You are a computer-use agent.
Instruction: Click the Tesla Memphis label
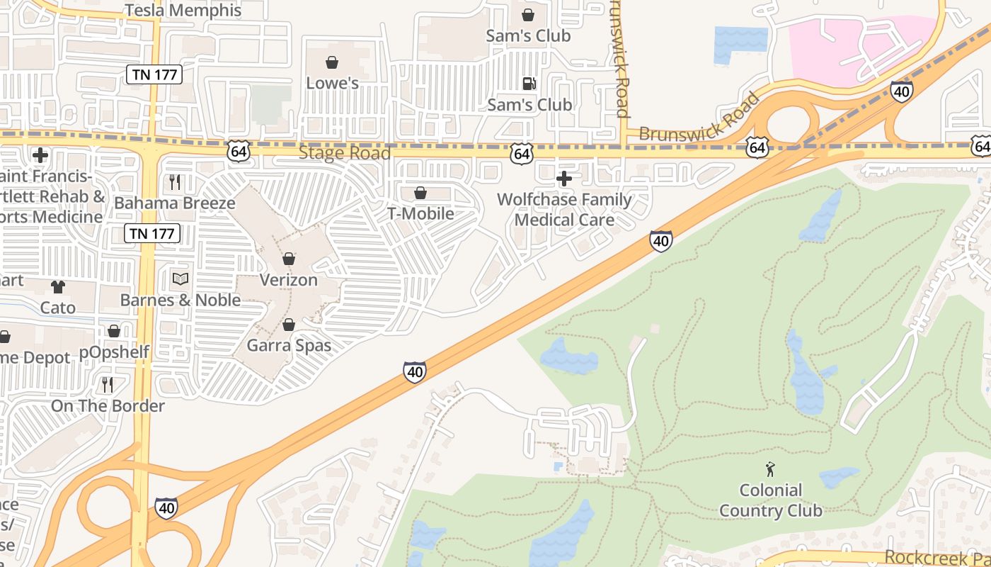(183, 11)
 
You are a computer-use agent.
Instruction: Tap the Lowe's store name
(332, 83)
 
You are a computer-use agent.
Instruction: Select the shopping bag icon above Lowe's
(332, 62)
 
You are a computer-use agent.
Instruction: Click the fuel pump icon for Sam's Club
(529, 84)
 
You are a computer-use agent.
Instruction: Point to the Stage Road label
(344, 153)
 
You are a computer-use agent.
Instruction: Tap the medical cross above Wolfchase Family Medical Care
(564, 179)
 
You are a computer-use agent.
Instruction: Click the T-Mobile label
(420, 213)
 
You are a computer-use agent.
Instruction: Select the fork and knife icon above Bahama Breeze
(175, 182)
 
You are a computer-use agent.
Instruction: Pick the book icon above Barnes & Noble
(181, 279)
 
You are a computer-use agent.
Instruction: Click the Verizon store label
(288, 280)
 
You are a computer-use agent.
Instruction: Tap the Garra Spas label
(289, 346)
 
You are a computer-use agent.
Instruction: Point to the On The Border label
(108, 406)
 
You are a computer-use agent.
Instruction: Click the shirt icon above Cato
(58, 287)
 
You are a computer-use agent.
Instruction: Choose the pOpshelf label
(114, 352)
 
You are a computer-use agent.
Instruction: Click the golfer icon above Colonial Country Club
(770, 469)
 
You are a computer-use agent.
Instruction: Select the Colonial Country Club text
(770, 500)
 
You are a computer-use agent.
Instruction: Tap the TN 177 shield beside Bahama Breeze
(152, 232)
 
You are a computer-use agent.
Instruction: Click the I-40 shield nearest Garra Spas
(415, 372)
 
